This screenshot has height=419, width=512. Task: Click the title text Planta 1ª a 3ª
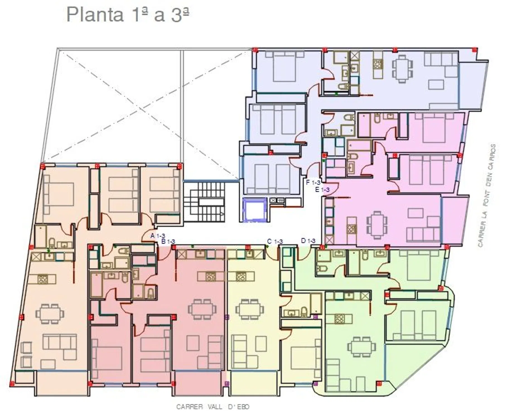click(x=128, y=15)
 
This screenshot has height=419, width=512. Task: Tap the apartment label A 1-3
click(x=158, y=236)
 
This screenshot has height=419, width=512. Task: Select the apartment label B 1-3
click(x=168, y=241)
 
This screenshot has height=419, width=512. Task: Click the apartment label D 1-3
click(x=308, y=241)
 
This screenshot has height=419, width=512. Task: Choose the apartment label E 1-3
click(x=322, y=190)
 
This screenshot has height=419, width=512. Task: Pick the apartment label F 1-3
click(x=313, y=182)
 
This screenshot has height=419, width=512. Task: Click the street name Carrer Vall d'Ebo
click(x=213, y=407)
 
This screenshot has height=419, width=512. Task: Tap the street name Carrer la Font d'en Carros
click(x=487, y=196)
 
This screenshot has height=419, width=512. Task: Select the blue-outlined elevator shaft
click(x=255, y=210)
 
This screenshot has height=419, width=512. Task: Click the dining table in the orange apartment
click(x=50, y=314)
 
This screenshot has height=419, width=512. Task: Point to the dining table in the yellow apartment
click(x=250, y=309)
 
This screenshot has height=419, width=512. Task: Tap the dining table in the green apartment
click(x=361, y=347)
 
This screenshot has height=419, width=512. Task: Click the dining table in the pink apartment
click(x=377, y=225)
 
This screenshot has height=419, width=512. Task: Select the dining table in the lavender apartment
click(x=402, y=69)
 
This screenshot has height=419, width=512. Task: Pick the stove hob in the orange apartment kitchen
click(x=43, y=279)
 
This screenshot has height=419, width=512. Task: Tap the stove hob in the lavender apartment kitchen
click(x=378, y=64)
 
